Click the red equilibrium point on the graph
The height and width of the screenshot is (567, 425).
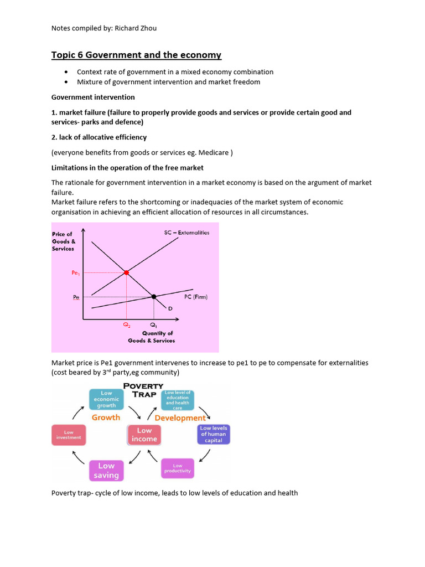pyautogui.click(x=126, y=272)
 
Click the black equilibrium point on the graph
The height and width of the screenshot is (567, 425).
pyautogui.click(x=154, y=297)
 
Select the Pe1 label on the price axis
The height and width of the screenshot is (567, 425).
pyautogui.click(x=75, y=273)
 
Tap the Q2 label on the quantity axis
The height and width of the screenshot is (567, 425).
pyautogui.click(x=126, y=325)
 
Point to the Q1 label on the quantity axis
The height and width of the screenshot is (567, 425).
pyautogui.click(x=153, y=325)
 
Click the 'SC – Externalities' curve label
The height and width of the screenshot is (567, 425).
pyautogui.click(x=186, y=233)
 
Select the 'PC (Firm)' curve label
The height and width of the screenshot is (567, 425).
pyautogui.click(x=196, y=297)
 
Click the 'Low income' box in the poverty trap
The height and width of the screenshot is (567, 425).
pyautogui.click(x=144, y=435)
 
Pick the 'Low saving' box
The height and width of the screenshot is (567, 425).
pyautogui.click(x=106, y=471)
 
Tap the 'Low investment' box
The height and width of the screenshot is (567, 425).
pyautogui.click(x=69, y=435)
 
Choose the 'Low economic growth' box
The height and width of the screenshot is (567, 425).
pyautogui.click(x=106, y=399)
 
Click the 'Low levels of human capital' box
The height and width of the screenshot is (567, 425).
pyautogui.click(x=214, y=435)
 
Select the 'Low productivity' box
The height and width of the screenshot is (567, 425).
pyautogui.click(x=178, y=468)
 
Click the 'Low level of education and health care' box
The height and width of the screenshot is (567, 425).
pyautogui.click(x=178, y=400)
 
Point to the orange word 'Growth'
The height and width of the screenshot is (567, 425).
pyautogui.click(x=106, y=417)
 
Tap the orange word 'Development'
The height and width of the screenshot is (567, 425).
pyautogui.click(x=180, y=418)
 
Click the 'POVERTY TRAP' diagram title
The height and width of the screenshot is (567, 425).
pyautogui.click(x=143, y=390)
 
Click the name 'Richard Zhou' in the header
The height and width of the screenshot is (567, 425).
pyautogui.click(x=136, y=28)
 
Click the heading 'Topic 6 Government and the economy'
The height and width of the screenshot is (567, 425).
pyautogui.click(x=136, y=55)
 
